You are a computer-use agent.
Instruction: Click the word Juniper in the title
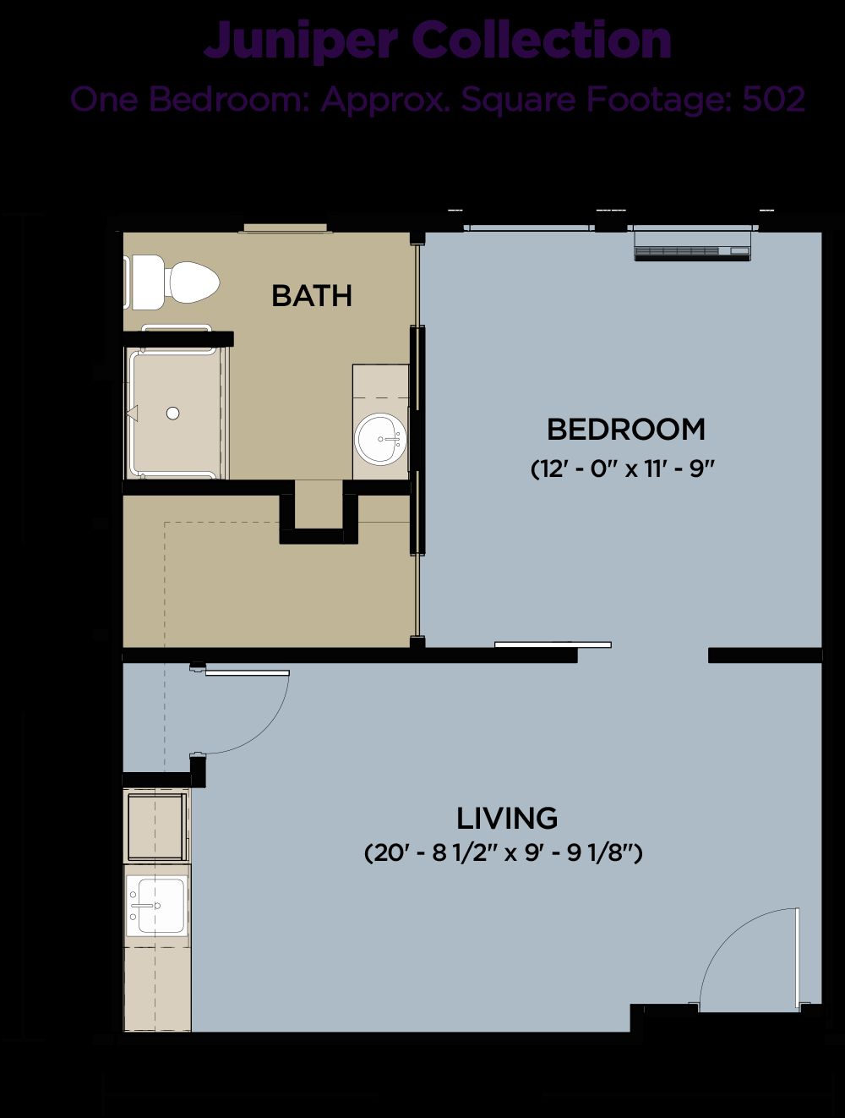click(x=300, y=41)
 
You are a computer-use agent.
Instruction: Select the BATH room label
click(x=312, y=296)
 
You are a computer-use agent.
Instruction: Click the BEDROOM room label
click(x=626, y=430)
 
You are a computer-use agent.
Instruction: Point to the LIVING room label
click(x=507, y=819)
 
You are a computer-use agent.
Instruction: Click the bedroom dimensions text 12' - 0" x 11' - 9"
click(x=624, y=469)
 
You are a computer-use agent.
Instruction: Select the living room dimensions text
click(x=503, y=853)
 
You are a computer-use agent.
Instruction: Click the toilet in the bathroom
click(x=172, y=282)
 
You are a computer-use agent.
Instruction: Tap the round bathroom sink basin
click(x=381, y=439)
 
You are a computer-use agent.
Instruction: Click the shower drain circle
click(x=173, y=413)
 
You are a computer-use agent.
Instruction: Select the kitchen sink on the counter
click(x=156, y=905)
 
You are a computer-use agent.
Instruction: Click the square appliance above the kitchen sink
click(x=156, y=826)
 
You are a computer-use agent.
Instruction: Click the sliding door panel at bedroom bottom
click(x=553, y=644)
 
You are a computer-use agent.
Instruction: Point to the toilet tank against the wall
click(x=144, y=282)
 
